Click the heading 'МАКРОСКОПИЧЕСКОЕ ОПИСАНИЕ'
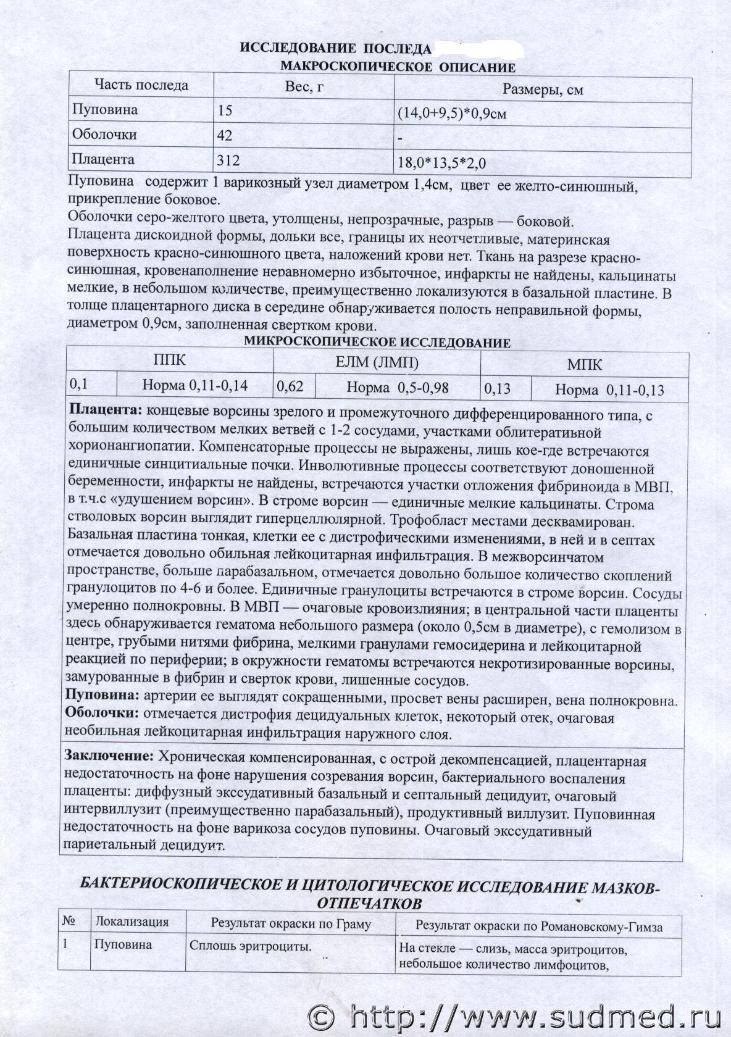pyautogui.click(x=398, y=67)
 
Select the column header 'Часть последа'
pyautogui.click(x=141, y=86)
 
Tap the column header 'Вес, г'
pyautogui.click(x=304, y=88)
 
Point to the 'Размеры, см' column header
pyautogui.click(x=543, y=90)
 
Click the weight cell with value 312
pyautogui.click(x=228, y=160)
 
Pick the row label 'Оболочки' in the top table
pyautogui.click(x=104, y=135)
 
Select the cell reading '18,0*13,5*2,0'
pyautogui.click(x=443, y=163)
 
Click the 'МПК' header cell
pyautogui.click(x=585, y=364)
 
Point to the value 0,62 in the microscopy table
pyautogui.click(x=290, y=387)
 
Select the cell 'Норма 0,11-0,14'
pyautogui.click(x=195, y=386)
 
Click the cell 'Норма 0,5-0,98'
pyautogui.click(x=398, y=388)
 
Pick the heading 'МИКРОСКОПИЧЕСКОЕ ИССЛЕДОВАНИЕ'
pyautogui.click(x=377, y=343)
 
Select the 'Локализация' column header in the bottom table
pyautogui.click(x=132, y=922)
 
